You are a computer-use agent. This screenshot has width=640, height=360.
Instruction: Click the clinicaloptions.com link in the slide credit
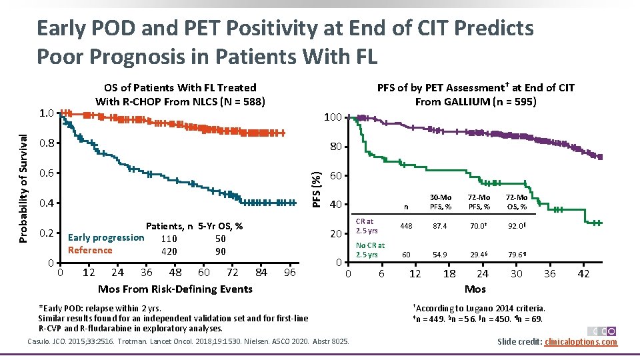581,342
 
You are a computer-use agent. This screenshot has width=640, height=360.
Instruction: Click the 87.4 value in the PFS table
440,227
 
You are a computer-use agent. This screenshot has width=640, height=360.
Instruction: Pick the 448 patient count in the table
406,227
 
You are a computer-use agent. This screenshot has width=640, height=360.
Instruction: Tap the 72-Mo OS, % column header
516,202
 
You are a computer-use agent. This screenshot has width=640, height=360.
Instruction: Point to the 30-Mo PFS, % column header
440,202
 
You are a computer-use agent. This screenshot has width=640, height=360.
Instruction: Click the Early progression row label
106,238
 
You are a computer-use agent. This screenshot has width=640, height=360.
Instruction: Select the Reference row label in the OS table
90,251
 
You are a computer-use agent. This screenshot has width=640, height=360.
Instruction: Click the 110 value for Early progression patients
169,239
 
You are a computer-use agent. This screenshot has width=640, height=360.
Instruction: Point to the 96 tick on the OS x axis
289,273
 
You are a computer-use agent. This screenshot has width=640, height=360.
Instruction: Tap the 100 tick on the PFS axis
333,118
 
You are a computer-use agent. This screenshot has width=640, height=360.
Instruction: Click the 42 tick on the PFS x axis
583,274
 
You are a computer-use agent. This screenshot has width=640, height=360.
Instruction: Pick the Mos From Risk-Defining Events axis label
175,289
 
